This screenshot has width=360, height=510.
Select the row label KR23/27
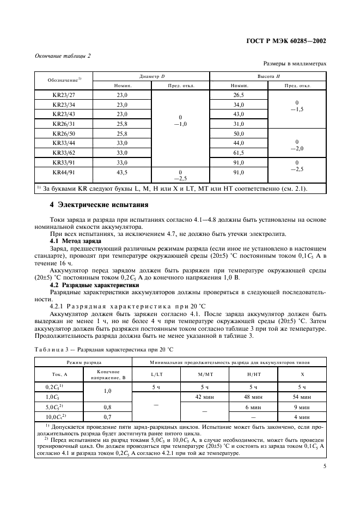64,95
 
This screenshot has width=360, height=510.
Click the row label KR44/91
64,172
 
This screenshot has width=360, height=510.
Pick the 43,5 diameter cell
122,172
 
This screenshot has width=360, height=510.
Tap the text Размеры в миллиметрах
295,64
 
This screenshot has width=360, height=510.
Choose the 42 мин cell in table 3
201,397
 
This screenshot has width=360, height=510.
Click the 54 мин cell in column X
302,397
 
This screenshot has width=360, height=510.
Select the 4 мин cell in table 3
302,416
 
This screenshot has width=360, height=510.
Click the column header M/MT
201,374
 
